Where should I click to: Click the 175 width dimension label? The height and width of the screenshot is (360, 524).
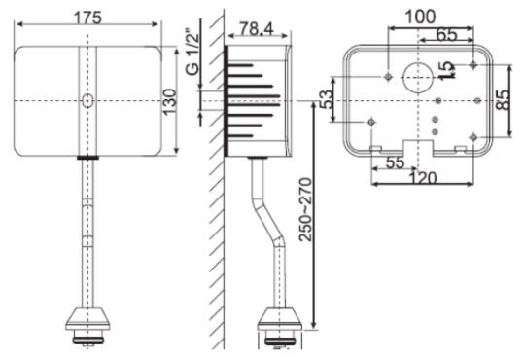click(88, 17)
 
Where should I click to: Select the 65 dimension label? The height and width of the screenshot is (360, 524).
click(446, 34)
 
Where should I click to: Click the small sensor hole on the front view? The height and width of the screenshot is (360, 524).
click(88, 100)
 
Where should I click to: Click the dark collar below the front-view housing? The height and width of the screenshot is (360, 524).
click(88, 156)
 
